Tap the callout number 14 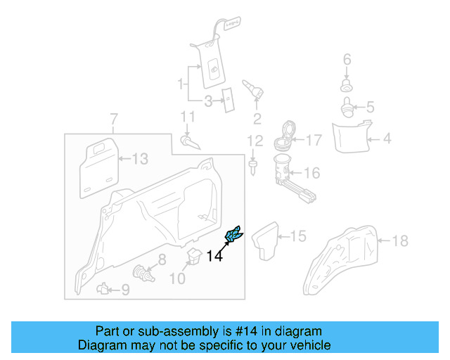(214, 257)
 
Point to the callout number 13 (141, 160)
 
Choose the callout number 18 (399, 242)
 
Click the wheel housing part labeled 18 (347, 256)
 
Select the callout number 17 (314, 140)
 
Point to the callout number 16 (311, 172)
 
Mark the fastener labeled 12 (252, 166)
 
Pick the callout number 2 (257, 117)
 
